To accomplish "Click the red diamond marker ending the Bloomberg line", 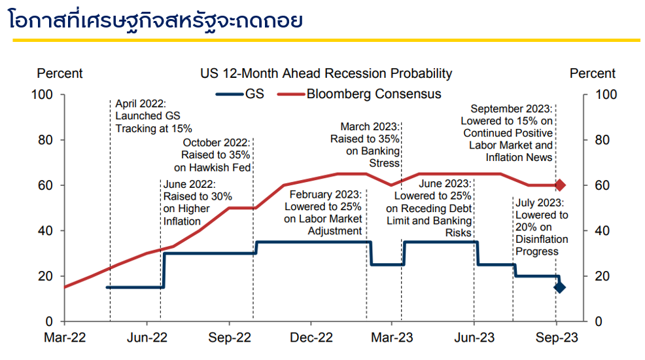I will pos(560,185).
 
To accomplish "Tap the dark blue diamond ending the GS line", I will pos(559,287).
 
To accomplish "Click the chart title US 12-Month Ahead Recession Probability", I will pos(326,73).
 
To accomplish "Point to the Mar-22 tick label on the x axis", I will pos(64,338).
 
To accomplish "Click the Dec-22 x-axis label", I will pos(311,338).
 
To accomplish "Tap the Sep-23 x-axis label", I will pos(557,338).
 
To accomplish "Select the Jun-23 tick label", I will pos(474,338).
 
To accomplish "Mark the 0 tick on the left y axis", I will pos(49,322).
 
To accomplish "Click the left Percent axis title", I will pos(60,73).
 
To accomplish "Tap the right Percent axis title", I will pos(593,73).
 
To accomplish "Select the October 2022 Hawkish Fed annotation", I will pos(216,155).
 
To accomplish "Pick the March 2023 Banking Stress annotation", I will pos(365,145).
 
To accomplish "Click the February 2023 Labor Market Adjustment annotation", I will pos(323,213).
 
